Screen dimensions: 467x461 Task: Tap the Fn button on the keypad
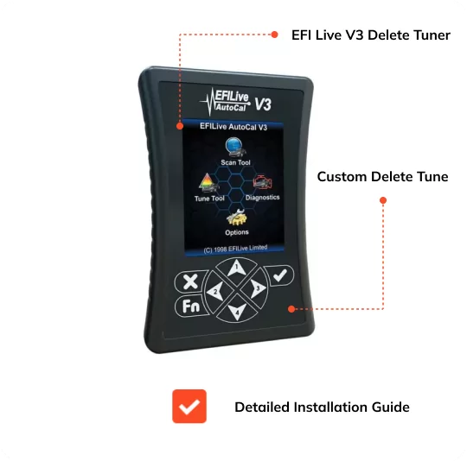190,306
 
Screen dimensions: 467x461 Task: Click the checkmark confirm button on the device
279,275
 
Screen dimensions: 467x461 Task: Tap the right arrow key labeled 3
255,287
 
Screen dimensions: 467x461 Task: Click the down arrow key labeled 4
237,310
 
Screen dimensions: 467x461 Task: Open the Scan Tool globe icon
235,147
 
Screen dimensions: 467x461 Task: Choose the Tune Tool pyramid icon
208,183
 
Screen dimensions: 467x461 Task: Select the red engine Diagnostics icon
263,182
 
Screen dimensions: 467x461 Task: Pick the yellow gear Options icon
236,218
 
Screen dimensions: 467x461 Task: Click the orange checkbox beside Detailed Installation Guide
189,406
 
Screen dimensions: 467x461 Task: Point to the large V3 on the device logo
263,104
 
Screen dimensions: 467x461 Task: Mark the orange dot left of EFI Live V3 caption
275,35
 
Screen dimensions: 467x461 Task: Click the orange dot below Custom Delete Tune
383,200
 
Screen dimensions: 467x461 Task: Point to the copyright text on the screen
235,249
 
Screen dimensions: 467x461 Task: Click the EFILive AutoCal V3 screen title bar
233,127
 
